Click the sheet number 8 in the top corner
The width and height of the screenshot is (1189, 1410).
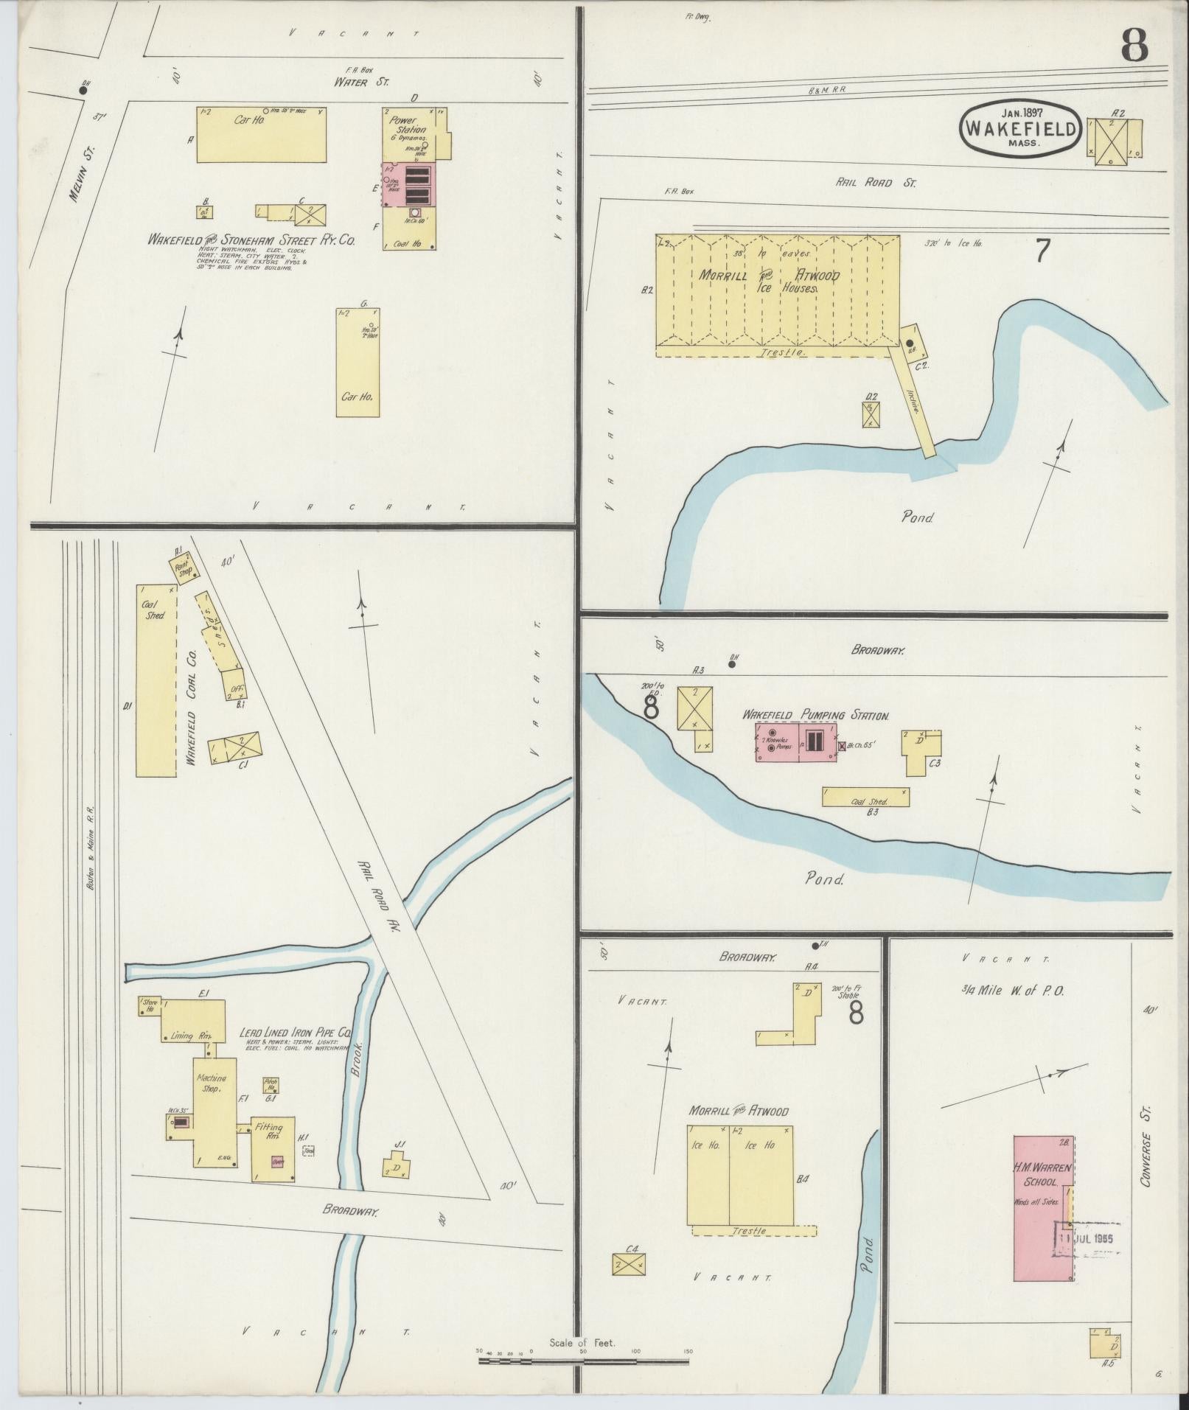[1134, 46]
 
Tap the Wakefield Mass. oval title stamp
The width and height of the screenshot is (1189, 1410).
[1021, 128]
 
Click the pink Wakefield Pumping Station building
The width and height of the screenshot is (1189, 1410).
[795, 741]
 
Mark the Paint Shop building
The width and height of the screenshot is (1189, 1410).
[183, 569]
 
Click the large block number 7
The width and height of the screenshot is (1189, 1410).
[1042, 252]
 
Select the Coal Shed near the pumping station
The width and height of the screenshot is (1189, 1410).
[865, 797]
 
